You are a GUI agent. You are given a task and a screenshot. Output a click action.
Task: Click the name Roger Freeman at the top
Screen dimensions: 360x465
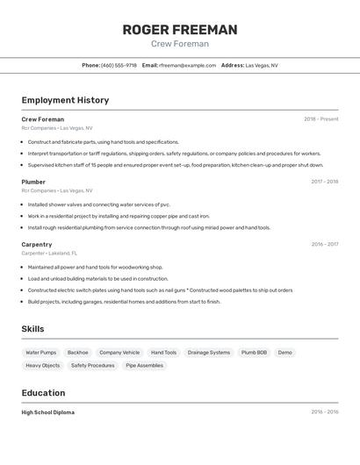pyautogui.click(x=179, y=30)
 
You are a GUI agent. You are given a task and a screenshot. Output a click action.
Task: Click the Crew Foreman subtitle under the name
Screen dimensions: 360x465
pyautogui.click(x=179, y=44)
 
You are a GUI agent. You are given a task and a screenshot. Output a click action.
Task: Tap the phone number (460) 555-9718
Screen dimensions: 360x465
pyautogui.click(x=119, y=65)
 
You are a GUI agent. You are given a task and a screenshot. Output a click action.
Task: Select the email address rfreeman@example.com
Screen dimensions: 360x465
pyautogui.click(x=187, y=65)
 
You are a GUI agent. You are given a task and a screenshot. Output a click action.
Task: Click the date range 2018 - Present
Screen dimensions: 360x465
pyautogui.click(x=320, y=119)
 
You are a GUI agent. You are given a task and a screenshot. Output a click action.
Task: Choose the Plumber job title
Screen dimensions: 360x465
pyautogui.click(x=33, y=182)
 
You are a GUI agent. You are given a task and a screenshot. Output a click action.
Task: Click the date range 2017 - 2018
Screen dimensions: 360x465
pyautogui.click(x=324, y=182)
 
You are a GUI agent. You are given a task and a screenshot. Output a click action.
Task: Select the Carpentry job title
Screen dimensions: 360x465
pyautogui.click(x=37, y=244)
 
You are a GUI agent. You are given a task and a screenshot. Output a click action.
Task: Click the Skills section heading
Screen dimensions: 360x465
pyautogui.click(x=32, y=329)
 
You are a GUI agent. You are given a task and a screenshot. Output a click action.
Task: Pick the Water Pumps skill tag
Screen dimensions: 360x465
pyautogui.click(x=40, y=353)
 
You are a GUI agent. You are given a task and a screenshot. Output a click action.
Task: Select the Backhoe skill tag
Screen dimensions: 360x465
pyautogui.click(x=78, y=353)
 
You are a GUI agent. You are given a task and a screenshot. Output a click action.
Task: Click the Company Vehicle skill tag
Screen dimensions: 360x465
pyautogui.click(x=119, y=353)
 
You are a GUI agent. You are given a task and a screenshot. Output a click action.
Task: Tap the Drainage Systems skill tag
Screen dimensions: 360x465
pyautogui.click(x=209, y=353)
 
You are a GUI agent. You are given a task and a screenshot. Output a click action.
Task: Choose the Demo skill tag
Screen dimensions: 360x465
pyautogui.click(x=285, y=353)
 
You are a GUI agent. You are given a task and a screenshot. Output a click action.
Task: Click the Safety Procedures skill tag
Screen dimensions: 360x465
pyautogui.click(x=92, y=365)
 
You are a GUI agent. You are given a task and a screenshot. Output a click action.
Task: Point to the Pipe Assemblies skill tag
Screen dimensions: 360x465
pyautogui.click(x=144, y=365)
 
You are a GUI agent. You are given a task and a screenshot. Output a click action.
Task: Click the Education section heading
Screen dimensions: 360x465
pyautogui.click(x=43, y=393)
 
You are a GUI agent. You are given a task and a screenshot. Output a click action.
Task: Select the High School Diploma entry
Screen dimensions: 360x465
pyautogui.click(x=47, y=412)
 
